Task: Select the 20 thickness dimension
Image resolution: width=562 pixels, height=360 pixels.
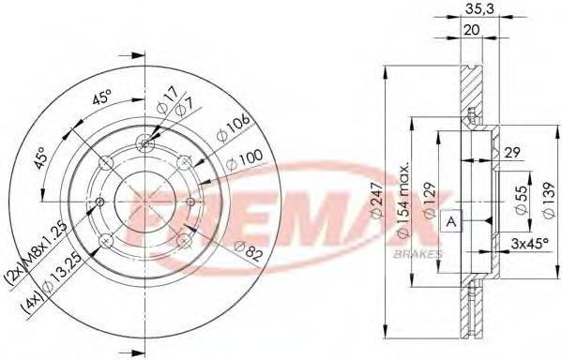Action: tap(472, 28)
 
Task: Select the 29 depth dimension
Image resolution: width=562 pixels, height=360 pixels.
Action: tap(511, 152)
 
